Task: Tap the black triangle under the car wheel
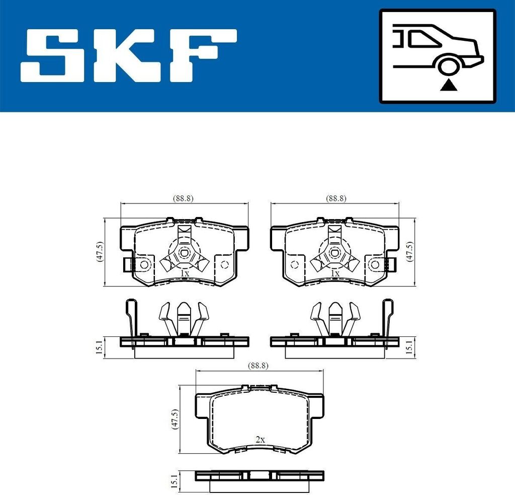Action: coord(448,86)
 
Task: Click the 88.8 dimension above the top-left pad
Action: coord(183,198)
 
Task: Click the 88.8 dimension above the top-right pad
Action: coord(336,198)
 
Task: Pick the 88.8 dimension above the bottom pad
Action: coord(258,366)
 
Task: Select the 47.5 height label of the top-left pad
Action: coord(100,252)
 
